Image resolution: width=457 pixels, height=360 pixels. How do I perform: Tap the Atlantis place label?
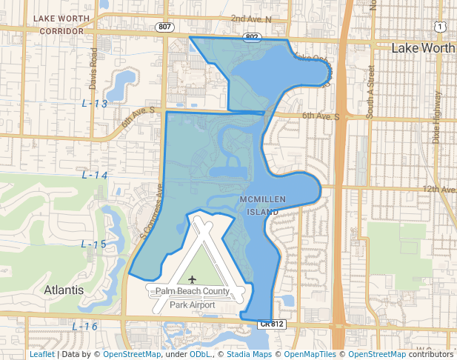[x=64, y=290]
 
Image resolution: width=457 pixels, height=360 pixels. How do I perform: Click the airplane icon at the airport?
[x=193, y=279]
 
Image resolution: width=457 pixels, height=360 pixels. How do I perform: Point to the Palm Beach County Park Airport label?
[x=193, y=298]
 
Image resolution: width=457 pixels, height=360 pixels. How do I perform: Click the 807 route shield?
[x=164, y=27]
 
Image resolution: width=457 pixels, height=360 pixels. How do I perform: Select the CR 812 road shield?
[x=272, y=324]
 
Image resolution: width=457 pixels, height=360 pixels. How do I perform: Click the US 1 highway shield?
[x=441, y=27]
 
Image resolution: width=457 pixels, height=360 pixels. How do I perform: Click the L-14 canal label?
[x=95, y=176]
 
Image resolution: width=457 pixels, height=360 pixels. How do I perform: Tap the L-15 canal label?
[x=93, y=244]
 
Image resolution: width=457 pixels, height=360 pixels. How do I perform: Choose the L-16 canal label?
[x=85, y=327]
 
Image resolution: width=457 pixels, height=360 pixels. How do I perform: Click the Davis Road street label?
[x=93, y=67]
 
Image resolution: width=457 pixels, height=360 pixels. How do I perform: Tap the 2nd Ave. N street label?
[x=251, y=18]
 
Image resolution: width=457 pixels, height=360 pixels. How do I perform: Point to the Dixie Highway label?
[x=436, y=119]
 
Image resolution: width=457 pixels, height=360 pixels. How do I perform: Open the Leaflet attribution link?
[x=42, y=354]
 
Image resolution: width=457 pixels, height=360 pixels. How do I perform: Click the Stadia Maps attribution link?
[x=249, y=354]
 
